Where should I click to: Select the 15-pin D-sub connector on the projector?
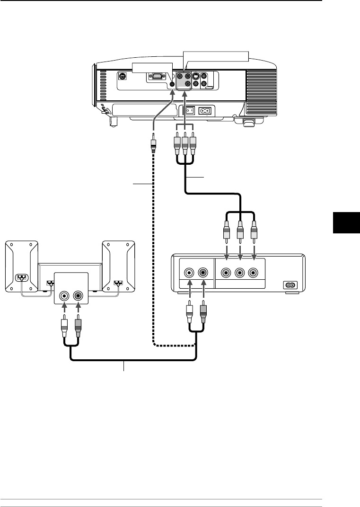tap(155, 75)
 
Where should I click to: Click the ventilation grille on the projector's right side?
tap(261, 85)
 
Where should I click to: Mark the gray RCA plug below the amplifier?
tap(78, 327)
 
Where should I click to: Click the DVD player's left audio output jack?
tap(189, 273)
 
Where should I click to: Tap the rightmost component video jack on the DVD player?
tap(254, 273)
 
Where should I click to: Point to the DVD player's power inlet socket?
tap(289, 285)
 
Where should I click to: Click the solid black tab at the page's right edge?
tap(343, 222)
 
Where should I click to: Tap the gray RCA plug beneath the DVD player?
tap(203, 313)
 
